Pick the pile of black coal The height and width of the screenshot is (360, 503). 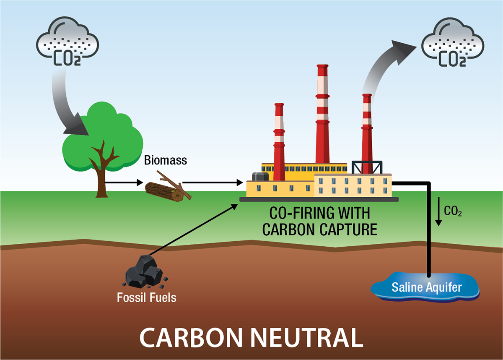click(x=144, y=272)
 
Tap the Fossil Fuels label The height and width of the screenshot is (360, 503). click(x=146, y=298)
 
